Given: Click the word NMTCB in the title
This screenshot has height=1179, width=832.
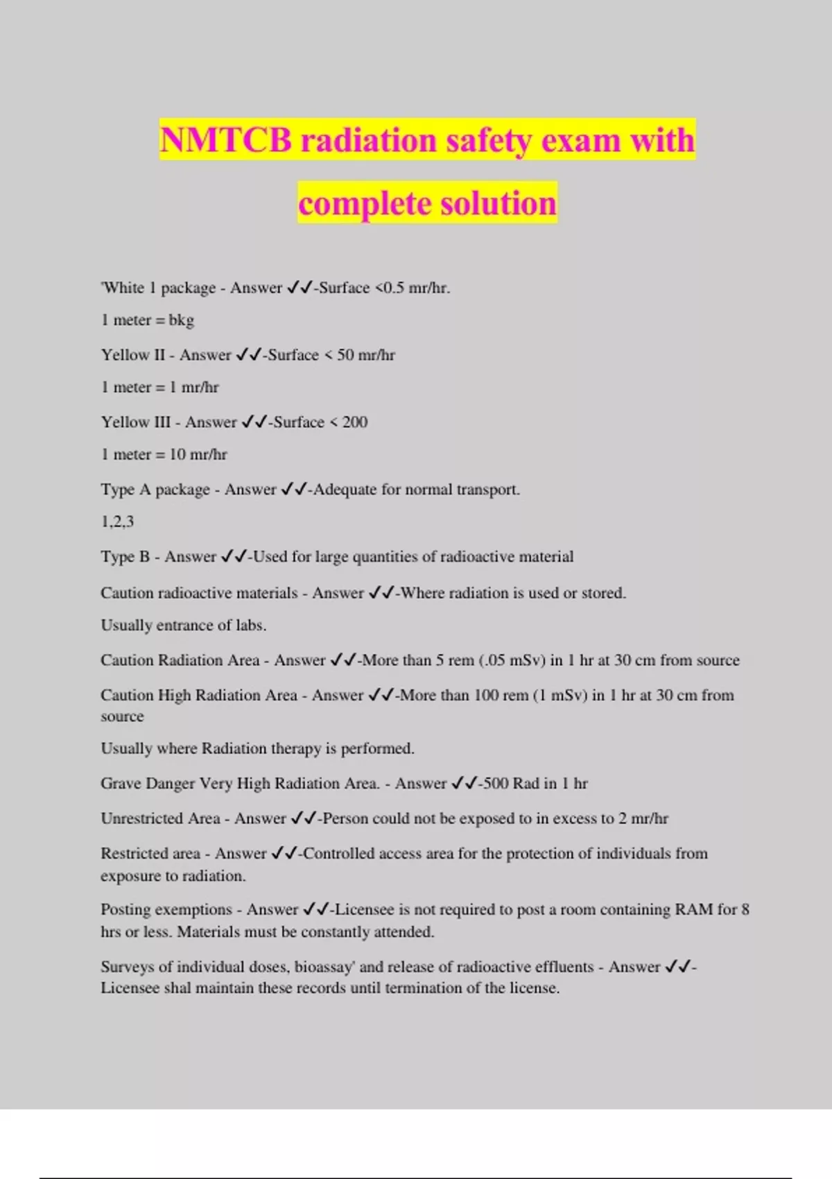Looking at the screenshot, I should click(226, 141).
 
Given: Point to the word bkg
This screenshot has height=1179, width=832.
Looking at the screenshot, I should click(181, 320).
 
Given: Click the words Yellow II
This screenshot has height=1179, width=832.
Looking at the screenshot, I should click(133, 355).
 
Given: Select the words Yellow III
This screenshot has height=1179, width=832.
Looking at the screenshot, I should click(136, 422).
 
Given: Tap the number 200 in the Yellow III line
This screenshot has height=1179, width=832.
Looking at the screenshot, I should click(354, 422).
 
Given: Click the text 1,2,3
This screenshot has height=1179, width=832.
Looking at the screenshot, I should click(117, 522).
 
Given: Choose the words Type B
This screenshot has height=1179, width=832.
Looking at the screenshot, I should click(125, 557).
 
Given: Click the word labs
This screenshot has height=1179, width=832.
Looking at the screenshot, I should click(250, 626).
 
